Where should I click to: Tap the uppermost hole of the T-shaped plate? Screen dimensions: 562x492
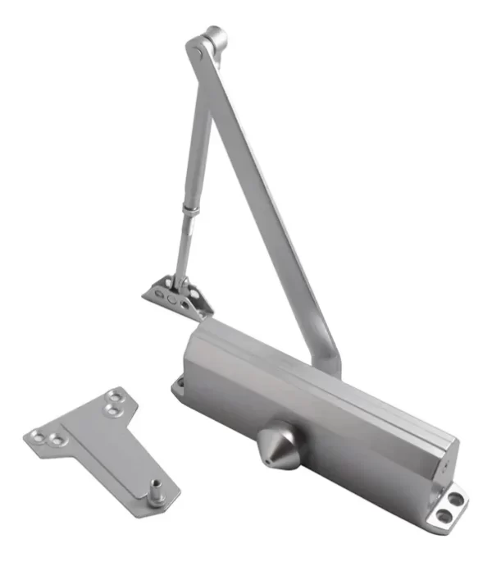coord(118,395)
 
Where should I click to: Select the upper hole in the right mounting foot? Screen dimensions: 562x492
coord(453,498)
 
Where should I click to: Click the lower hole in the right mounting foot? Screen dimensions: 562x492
coord(444,515)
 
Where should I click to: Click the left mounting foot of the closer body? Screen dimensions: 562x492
coord(178,385)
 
